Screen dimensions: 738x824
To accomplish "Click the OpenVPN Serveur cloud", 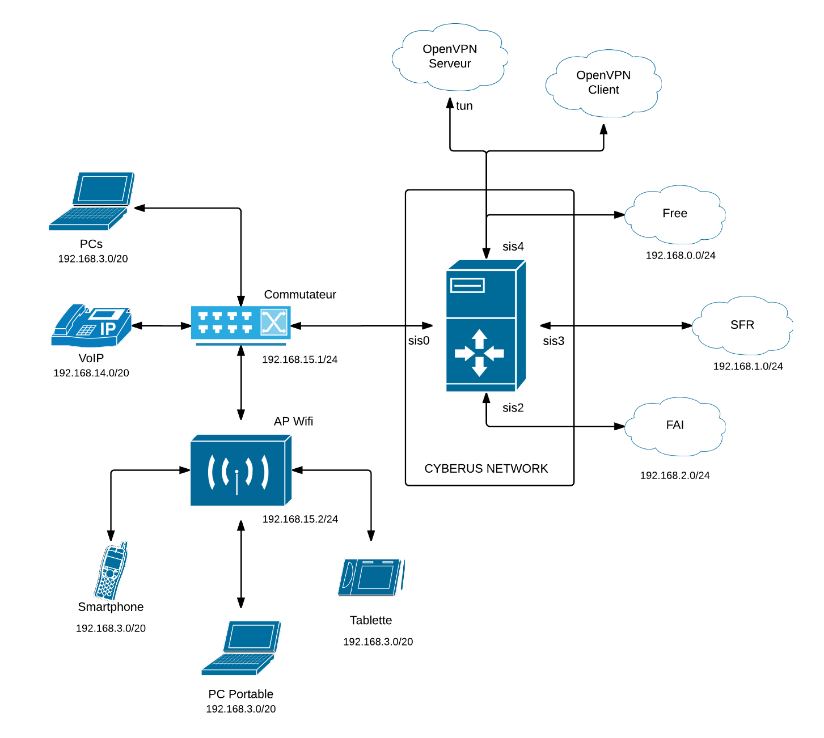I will point(450,57).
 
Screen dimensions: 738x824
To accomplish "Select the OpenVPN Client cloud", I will point(603,83).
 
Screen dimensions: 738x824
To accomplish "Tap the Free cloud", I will point(675,214).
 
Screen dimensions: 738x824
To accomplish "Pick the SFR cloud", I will point(742,325).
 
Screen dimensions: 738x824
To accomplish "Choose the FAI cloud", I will point(675,425).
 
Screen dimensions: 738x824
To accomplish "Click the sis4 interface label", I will point(513,247).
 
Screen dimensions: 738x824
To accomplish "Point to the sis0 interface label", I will point(419,341).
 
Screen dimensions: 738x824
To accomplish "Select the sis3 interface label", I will point(553,341).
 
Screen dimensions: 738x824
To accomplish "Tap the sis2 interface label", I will point(513,408).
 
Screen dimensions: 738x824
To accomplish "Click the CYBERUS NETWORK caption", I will point(486,469).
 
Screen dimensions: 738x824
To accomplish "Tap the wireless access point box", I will point(240,470).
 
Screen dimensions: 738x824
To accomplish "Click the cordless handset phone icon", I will point(111,571).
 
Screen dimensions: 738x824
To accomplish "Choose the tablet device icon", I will point(370,577).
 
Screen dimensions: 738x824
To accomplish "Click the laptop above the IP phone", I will point(92,201).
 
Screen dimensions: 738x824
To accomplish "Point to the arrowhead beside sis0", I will point(428,325).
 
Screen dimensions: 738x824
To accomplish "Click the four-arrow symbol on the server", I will point(480,353).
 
